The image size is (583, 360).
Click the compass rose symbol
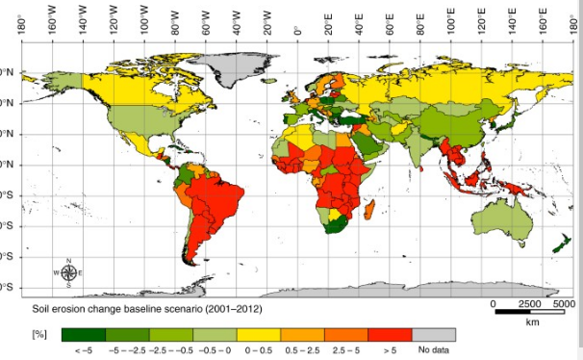click(x=69, y=273)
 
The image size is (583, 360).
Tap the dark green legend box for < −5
click(x=83, y=334)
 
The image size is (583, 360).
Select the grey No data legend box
click(x=433, y=334)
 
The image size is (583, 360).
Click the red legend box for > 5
click(x=390, y=334)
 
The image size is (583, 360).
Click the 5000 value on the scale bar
click(x=565, y=303)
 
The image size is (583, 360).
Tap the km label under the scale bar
click(x=533, y=322)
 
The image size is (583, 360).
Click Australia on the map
click(x=502, y=219)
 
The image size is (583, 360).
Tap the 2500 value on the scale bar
click(x=528, y=303)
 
